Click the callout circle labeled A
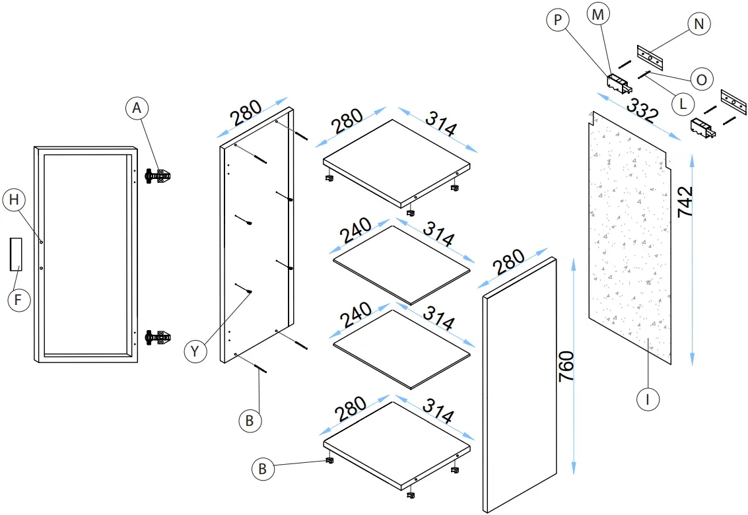[137, 108]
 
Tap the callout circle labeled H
[13, 200]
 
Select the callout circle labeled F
[18, 300]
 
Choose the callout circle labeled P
[558, 20]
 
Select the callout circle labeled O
[702, 79]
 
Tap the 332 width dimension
[642, 110]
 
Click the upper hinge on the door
[159, 176]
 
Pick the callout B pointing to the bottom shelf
[262, 469]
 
